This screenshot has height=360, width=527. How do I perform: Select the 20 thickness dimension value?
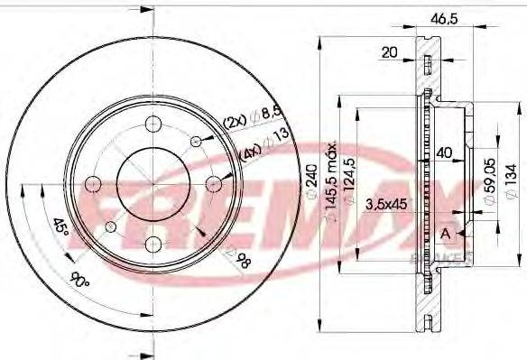(x=389, y=52)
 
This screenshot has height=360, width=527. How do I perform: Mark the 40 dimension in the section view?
(x=442, y=153)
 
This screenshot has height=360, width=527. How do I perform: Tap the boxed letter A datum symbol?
(x=444, y=235)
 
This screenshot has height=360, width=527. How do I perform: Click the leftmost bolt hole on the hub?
(x=92, y=184)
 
